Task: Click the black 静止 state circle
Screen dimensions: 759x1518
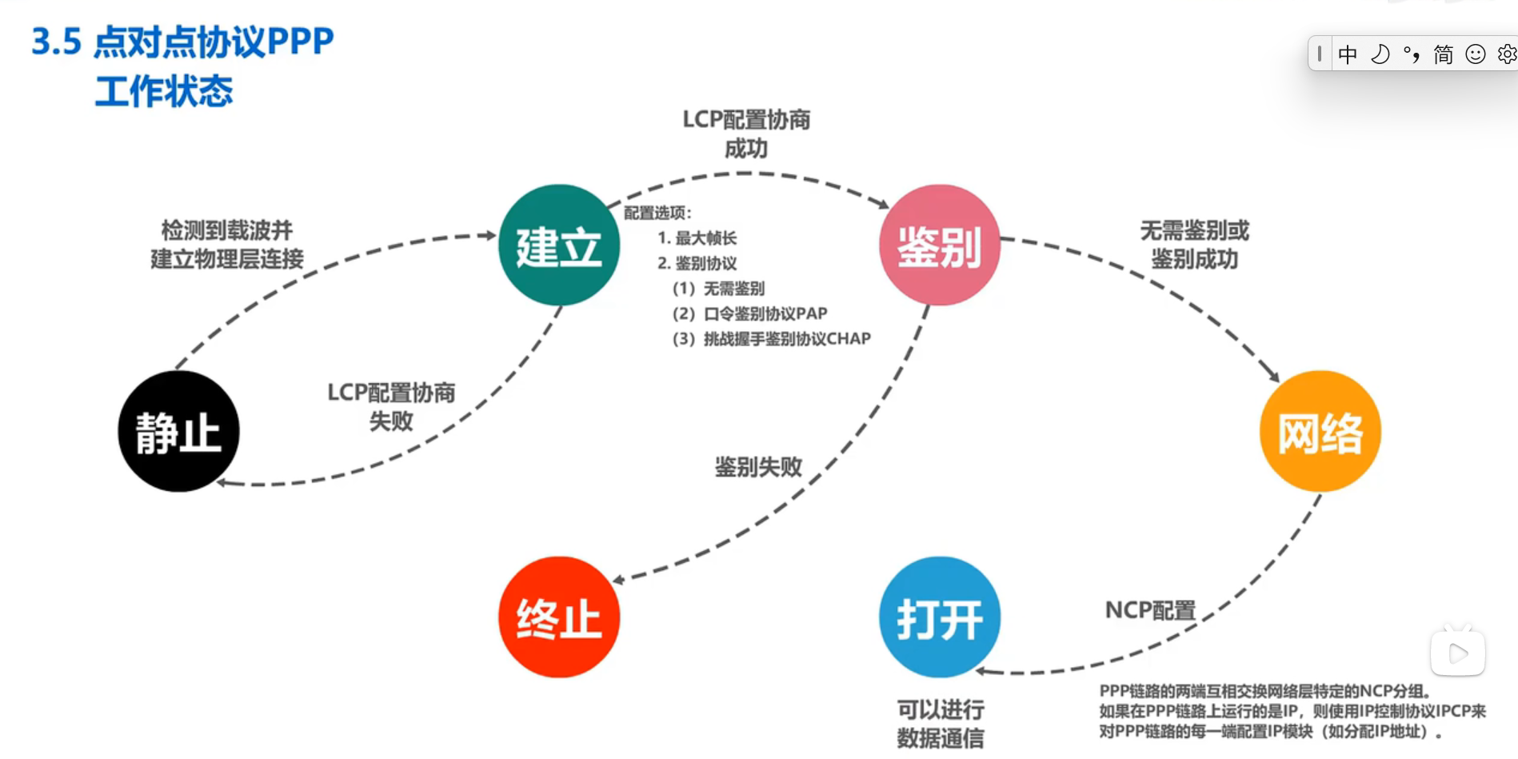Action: [178, 431]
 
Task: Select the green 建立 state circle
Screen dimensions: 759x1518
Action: [559, 245]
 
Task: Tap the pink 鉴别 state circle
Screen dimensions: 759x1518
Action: [940, 245]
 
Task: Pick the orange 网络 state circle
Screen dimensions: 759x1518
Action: [1320, 431]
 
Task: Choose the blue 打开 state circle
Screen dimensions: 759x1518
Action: [940, 617]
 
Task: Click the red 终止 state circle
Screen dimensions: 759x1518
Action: [559, 617]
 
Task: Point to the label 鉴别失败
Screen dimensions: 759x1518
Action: [757, 467]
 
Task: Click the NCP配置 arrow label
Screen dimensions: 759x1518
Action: [1150, 610]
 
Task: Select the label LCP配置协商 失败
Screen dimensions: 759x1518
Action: [391, 406]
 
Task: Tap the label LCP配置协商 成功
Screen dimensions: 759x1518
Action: [746, 134]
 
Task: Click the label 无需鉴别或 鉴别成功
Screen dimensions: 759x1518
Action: [1194, 245]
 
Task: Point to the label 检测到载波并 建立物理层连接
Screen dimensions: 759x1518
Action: [227, 245]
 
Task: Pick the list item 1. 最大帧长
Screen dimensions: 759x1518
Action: [697, 238]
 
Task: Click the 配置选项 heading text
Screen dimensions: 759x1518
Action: [657, 213]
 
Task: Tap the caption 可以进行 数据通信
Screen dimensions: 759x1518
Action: [940, 723]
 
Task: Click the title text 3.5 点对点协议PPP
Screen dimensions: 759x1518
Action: [182, 42]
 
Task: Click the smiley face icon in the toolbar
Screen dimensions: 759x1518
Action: [1475, 54]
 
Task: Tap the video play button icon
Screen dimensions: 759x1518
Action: [1458, 653]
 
